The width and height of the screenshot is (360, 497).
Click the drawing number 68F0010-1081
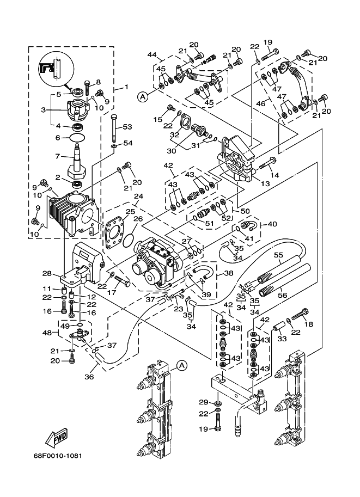58,456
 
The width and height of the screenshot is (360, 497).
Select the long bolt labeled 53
115,128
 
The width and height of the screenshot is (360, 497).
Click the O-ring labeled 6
77,138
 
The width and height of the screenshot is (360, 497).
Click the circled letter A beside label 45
143,97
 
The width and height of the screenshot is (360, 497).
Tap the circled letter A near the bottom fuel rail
181,365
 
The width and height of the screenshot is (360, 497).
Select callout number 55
278,255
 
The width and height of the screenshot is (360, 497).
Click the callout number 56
282,295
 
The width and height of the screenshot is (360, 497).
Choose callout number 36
89,377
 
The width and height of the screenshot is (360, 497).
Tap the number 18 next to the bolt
308,324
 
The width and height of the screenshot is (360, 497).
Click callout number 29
203,402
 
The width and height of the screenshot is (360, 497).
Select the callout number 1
126,87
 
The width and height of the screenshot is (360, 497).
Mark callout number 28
47,273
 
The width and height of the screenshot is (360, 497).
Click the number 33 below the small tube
282,339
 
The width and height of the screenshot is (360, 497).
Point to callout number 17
112,293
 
